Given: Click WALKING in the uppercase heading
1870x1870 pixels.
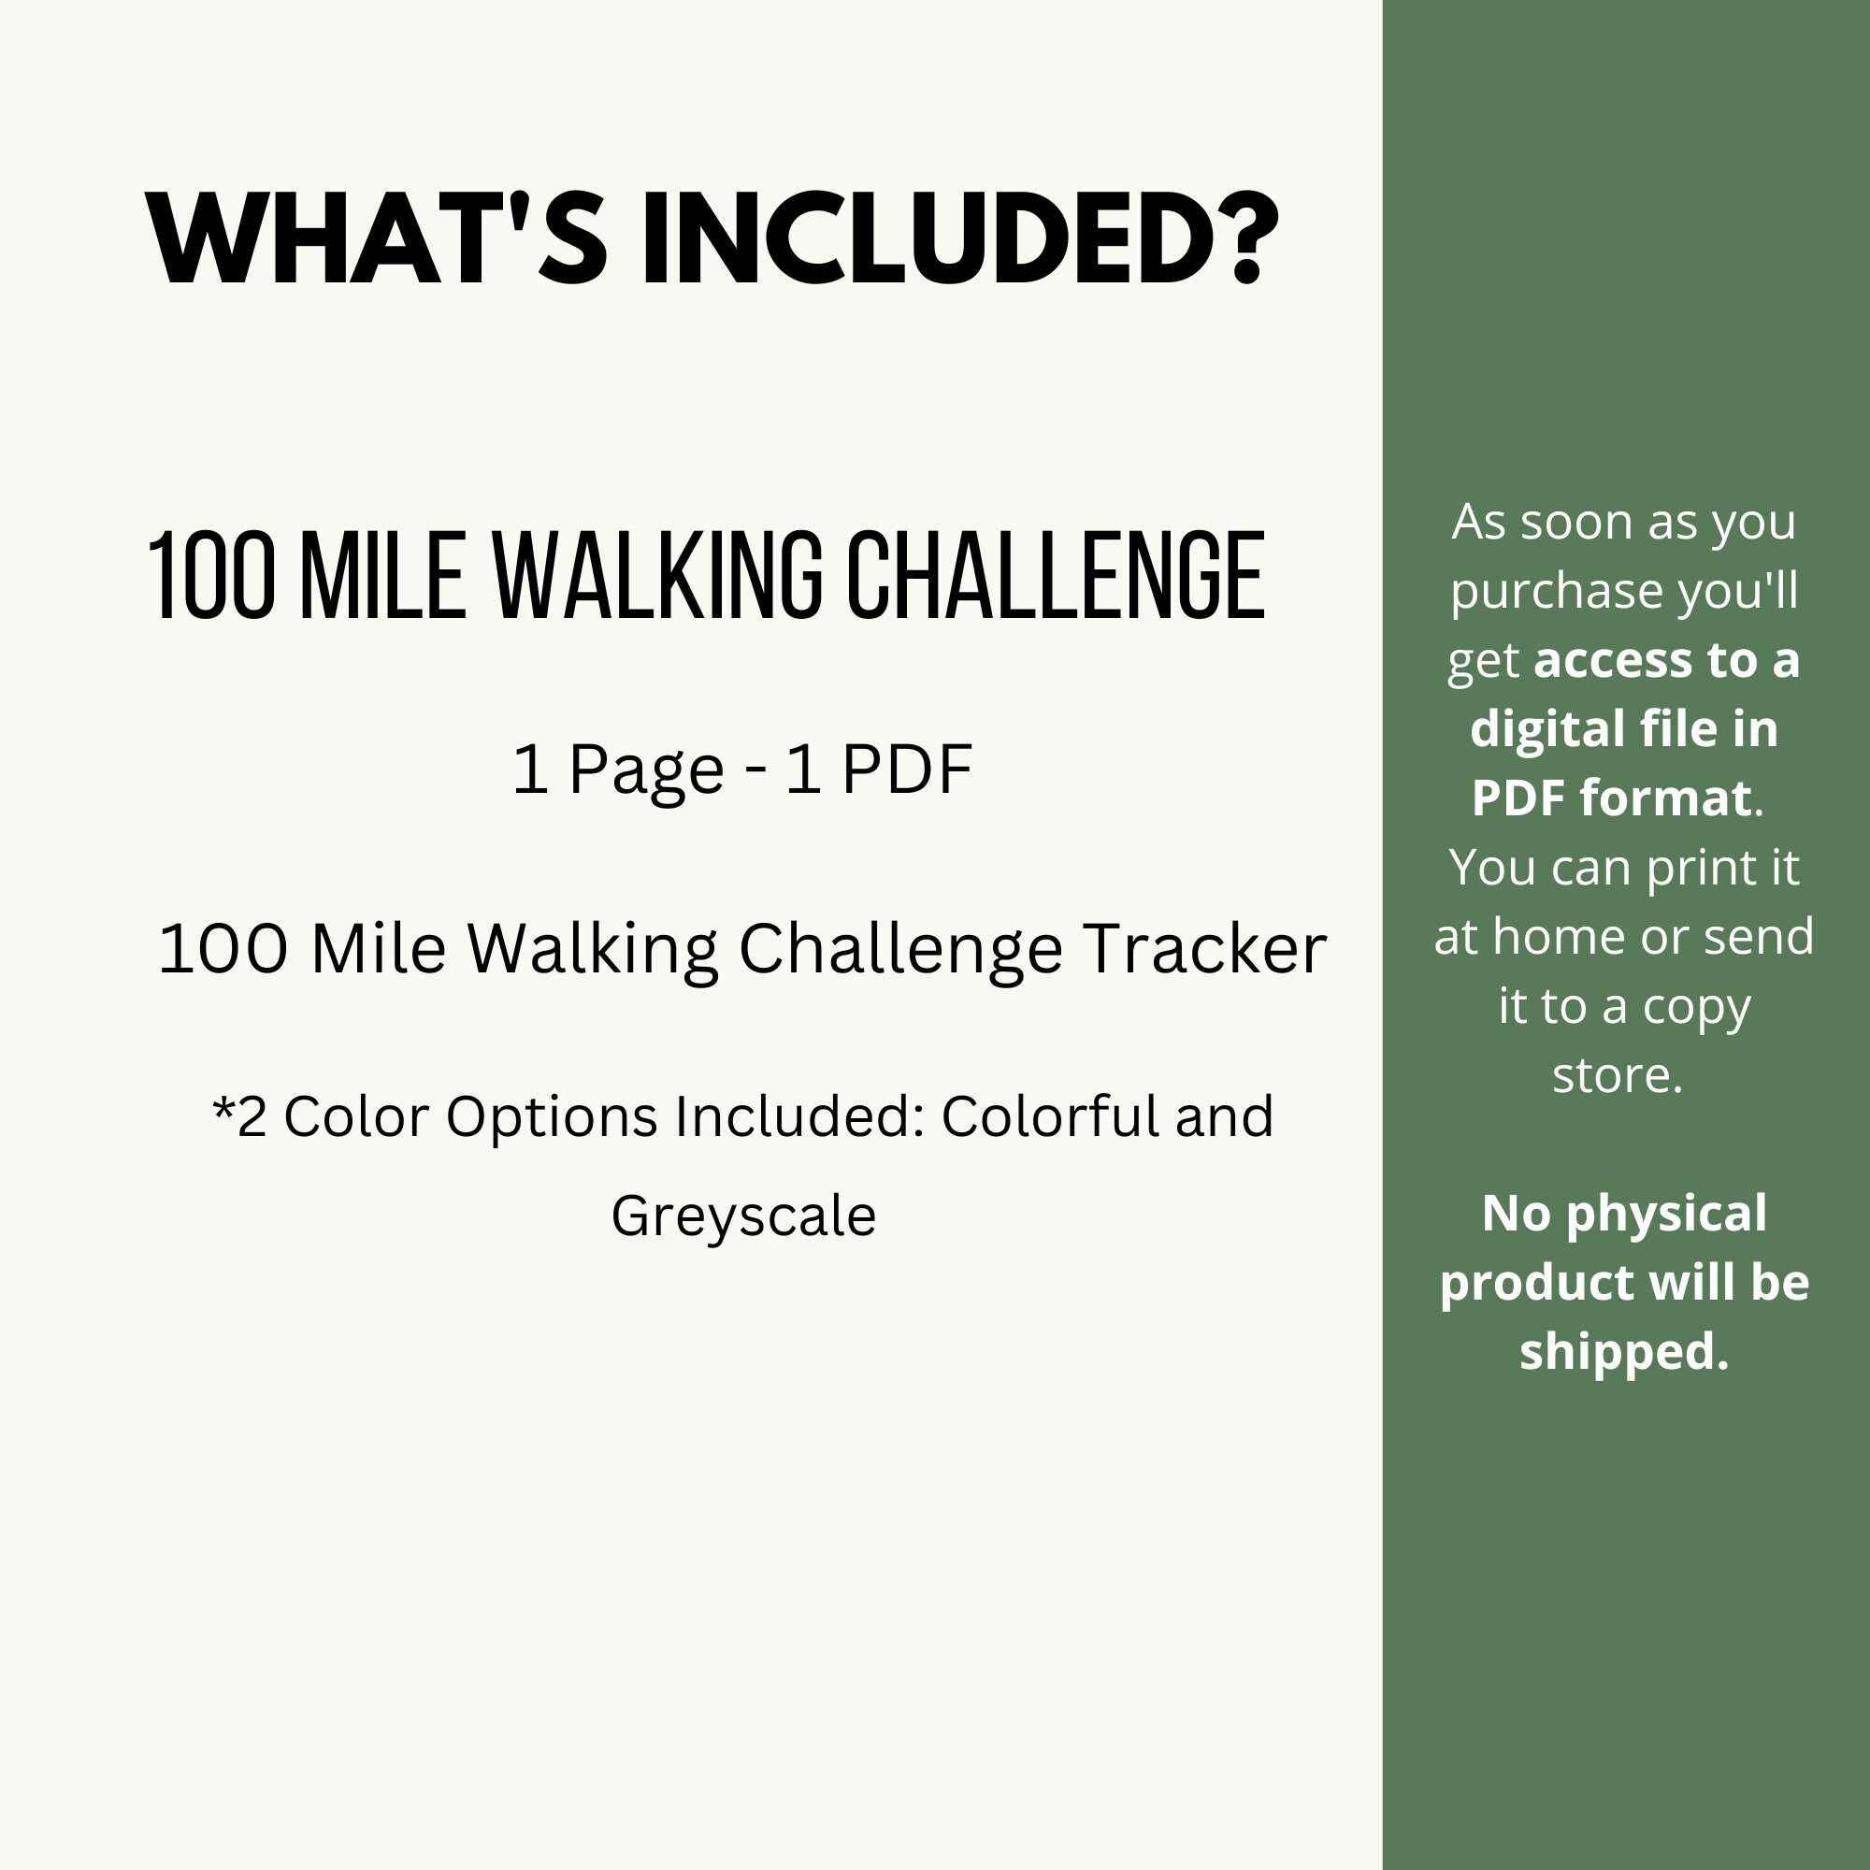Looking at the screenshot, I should [658, 577].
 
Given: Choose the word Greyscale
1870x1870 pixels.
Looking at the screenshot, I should [743, 1216].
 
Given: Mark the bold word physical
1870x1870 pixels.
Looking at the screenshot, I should [1666, 1214].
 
